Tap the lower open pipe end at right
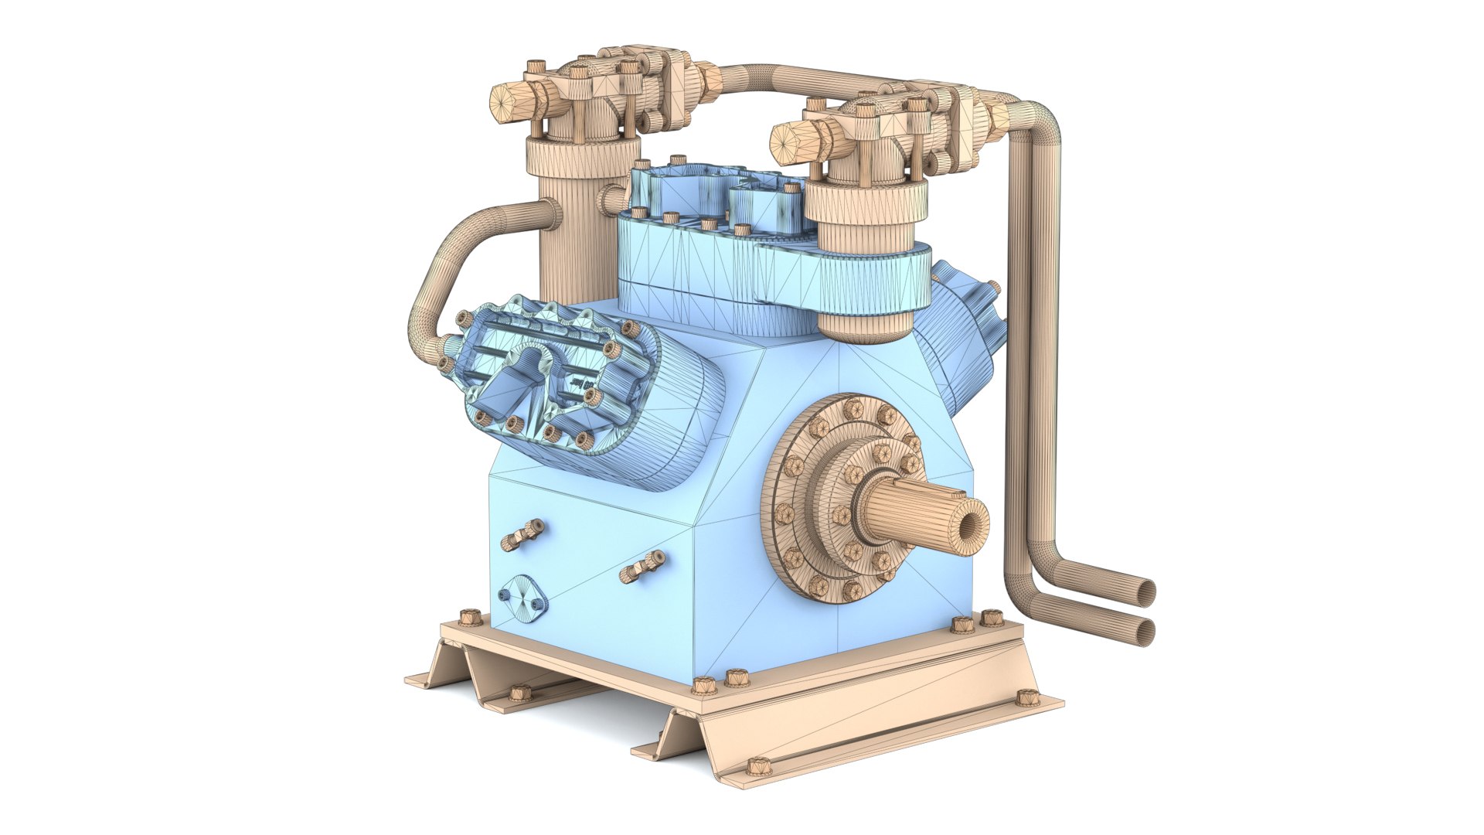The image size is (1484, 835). point(1145,632)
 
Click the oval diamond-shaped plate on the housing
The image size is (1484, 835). point(522,596)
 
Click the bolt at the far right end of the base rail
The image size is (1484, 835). point(1026,697)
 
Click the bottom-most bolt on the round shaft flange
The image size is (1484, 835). point(852,590)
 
